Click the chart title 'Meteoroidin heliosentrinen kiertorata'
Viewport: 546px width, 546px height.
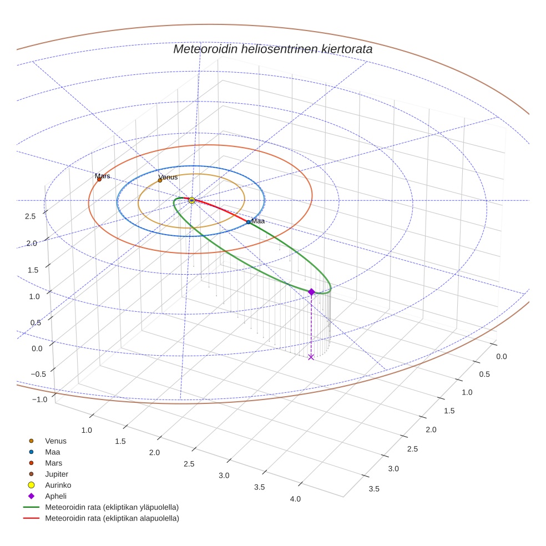[272, 49]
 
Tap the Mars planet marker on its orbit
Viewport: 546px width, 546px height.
[99, 179]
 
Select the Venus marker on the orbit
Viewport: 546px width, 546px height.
[160, 180]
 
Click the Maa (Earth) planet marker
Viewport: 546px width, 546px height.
[249, 222]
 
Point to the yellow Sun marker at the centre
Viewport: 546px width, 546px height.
[191, 200]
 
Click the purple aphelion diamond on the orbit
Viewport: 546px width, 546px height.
[311, 292]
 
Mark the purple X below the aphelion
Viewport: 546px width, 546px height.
[311, 357]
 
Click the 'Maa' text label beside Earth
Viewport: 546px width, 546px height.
[257, 221]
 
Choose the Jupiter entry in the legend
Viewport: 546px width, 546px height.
[56, 474]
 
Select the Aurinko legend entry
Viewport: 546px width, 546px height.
[58, 485]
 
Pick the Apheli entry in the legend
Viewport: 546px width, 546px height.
[55, 496]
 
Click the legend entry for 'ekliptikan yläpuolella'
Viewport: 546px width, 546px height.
[112, 507]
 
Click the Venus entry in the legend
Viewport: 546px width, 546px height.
[55, 441]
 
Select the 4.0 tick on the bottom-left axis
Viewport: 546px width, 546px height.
[295, 499]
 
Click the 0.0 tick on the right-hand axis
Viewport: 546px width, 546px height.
[501, 356]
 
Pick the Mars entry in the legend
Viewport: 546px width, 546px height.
[53, 463]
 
